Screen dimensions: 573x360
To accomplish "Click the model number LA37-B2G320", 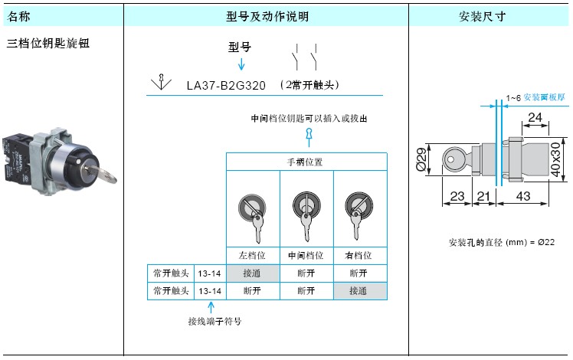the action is tap(226, 86).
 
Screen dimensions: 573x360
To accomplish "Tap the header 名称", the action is tap(18, 16).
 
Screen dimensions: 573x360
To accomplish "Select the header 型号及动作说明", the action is tap(267, 16).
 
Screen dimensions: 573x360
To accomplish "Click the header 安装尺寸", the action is tap(483, 16).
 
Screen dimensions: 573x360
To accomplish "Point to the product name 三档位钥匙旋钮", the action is tap(48, 43).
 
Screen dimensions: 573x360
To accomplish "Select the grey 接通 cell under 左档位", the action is tap(253, 273).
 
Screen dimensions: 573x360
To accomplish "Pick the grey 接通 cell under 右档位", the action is tap(360, 291).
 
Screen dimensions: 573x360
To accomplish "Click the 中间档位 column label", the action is tap(306, 255).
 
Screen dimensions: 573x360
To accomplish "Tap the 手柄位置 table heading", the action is tap(305, 162).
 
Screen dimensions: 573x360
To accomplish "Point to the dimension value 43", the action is tap(523, 196).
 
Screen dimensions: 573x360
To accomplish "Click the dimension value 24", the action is tap(535, 117).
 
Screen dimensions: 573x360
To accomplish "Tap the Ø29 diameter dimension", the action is tap(421, 159).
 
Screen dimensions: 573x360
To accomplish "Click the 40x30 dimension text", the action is tap(555, 160).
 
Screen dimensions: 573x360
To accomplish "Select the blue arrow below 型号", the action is tap(241, 64).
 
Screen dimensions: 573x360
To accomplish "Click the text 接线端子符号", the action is tap(214, 321).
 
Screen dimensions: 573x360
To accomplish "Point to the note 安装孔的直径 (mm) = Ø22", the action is tap(501, 242).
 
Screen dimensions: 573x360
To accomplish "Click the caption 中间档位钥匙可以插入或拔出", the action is tap(309, 119).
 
